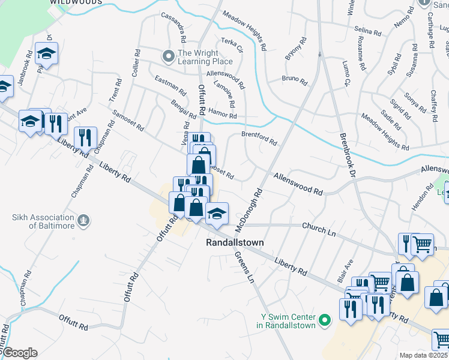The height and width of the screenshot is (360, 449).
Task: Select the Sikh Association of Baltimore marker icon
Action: tap(83, 221)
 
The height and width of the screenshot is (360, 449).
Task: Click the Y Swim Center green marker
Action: tap(325, 321)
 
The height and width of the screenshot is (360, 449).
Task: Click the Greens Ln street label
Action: tap(244, 267)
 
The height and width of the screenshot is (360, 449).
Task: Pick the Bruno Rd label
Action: tap(294, 79)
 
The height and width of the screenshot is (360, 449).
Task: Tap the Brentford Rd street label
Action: tap(259, 139)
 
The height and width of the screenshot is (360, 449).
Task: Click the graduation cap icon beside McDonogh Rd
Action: tap(217, 212)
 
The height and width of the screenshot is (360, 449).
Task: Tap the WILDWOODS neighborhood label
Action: tap(76, 2)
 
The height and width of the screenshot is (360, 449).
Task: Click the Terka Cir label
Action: tap(231, 44)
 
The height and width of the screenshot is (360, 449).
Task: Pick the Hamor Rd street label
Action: tap(223, 115)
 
